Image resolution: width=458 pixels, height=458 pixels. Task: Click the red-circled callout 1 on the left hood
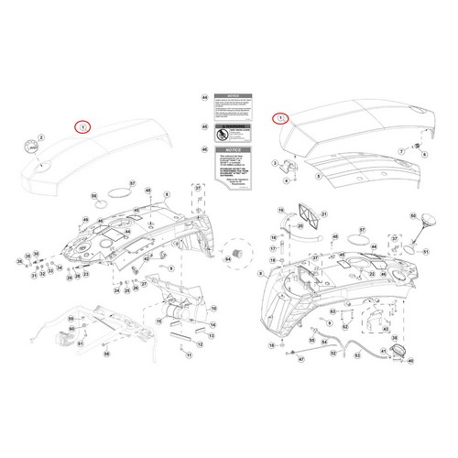(82, 126)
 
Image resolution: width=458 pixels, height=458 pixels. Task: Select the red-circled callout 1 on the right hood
(280, 118)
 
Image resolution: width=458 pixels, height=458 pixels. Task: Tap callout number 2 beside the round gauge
(40, 137)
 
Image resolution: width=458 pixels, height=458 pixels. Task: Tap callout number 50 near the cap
(413, 216)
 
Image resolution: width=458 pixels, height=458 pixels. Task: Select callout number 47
(300, 359)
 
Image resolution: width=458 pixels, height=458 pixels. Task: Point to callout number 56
(94, 196)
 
